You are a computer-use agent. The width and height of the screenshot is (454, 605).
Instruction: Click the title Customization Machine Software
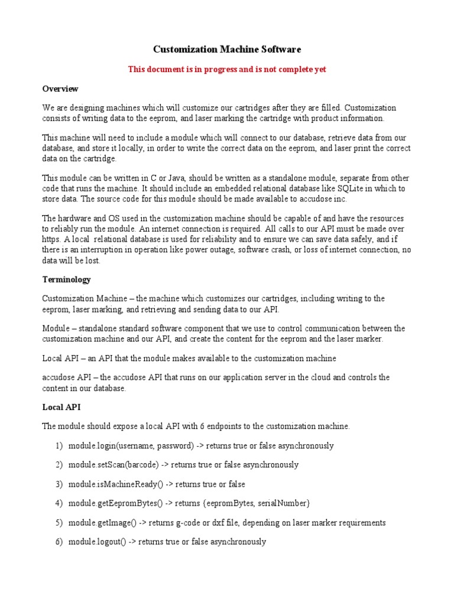click(227, 50)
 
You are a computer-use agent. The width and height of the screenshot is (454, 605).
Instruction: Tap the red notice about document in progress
click(227, 69)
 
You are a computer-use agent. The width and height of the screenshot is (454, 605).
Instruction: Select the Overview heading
click(60, 89)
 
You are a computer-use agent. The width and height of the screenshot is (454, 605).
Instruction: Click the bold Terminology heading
click(66, 279)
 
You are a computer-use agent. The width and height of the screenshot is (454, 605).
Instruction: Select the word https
click(53, 239)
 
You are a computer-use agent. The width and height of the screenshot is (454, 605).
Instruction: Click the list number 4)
click(59, 503)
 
